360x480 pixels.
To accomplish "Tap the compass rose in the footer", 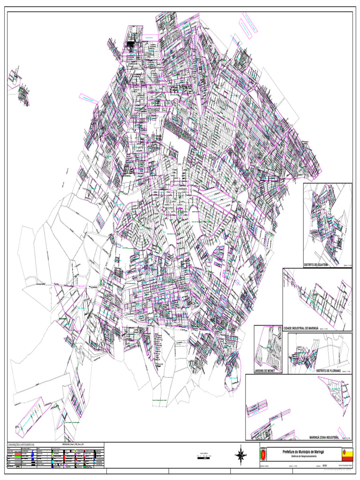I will [240, 454].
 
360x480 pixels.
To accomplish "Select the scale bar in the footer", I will [203, 457].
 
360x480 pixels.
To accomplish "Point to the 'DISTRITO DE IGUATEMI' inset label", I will [315, 265].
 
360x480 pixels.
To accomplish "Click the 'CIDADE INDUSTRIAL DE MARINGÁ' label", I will [300, 329].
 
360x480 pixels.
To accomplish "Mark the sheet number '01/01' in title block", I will [324, 466].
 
